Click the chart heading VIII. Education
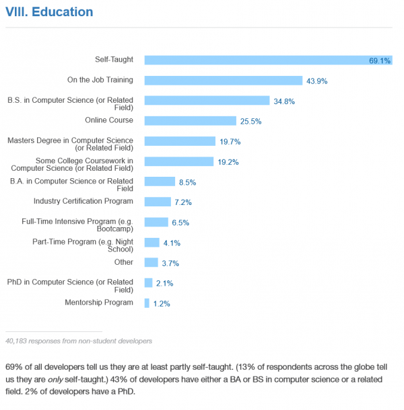[49, 12]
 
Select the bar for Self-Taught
[268, 60]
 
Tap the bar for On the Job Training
[223, 80]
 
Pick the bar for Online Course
[190, 121]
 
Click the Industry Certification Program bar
[158, 202]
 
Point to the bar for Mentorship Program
[147, 303]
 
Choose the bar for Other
[151, 262]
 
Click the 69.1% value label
[380, 60]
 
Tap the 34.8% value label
[284, 101]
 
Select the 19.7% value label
[230, 142]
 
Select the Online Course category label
[109, 120]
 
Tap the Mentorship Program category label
[99, 302]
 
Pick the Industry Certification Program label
[83, 201]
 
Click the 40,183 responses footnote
[78, 341]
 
